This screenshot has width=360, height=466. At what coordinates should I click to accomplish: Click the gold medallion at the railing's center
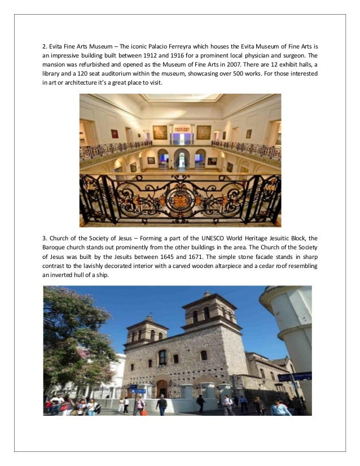pos(181,201)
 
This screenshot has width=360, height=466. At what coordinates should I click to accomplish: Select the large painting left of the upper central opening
pos(160,132)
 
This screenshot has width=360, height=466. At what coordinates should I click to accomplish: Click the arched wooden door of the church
pos(162,388)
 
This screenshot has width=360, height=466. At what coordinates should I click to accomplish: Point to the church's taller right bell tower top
pos(209,302)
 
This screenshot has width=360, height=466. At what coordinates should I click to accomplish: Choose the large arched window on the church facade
pos(162,357)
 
